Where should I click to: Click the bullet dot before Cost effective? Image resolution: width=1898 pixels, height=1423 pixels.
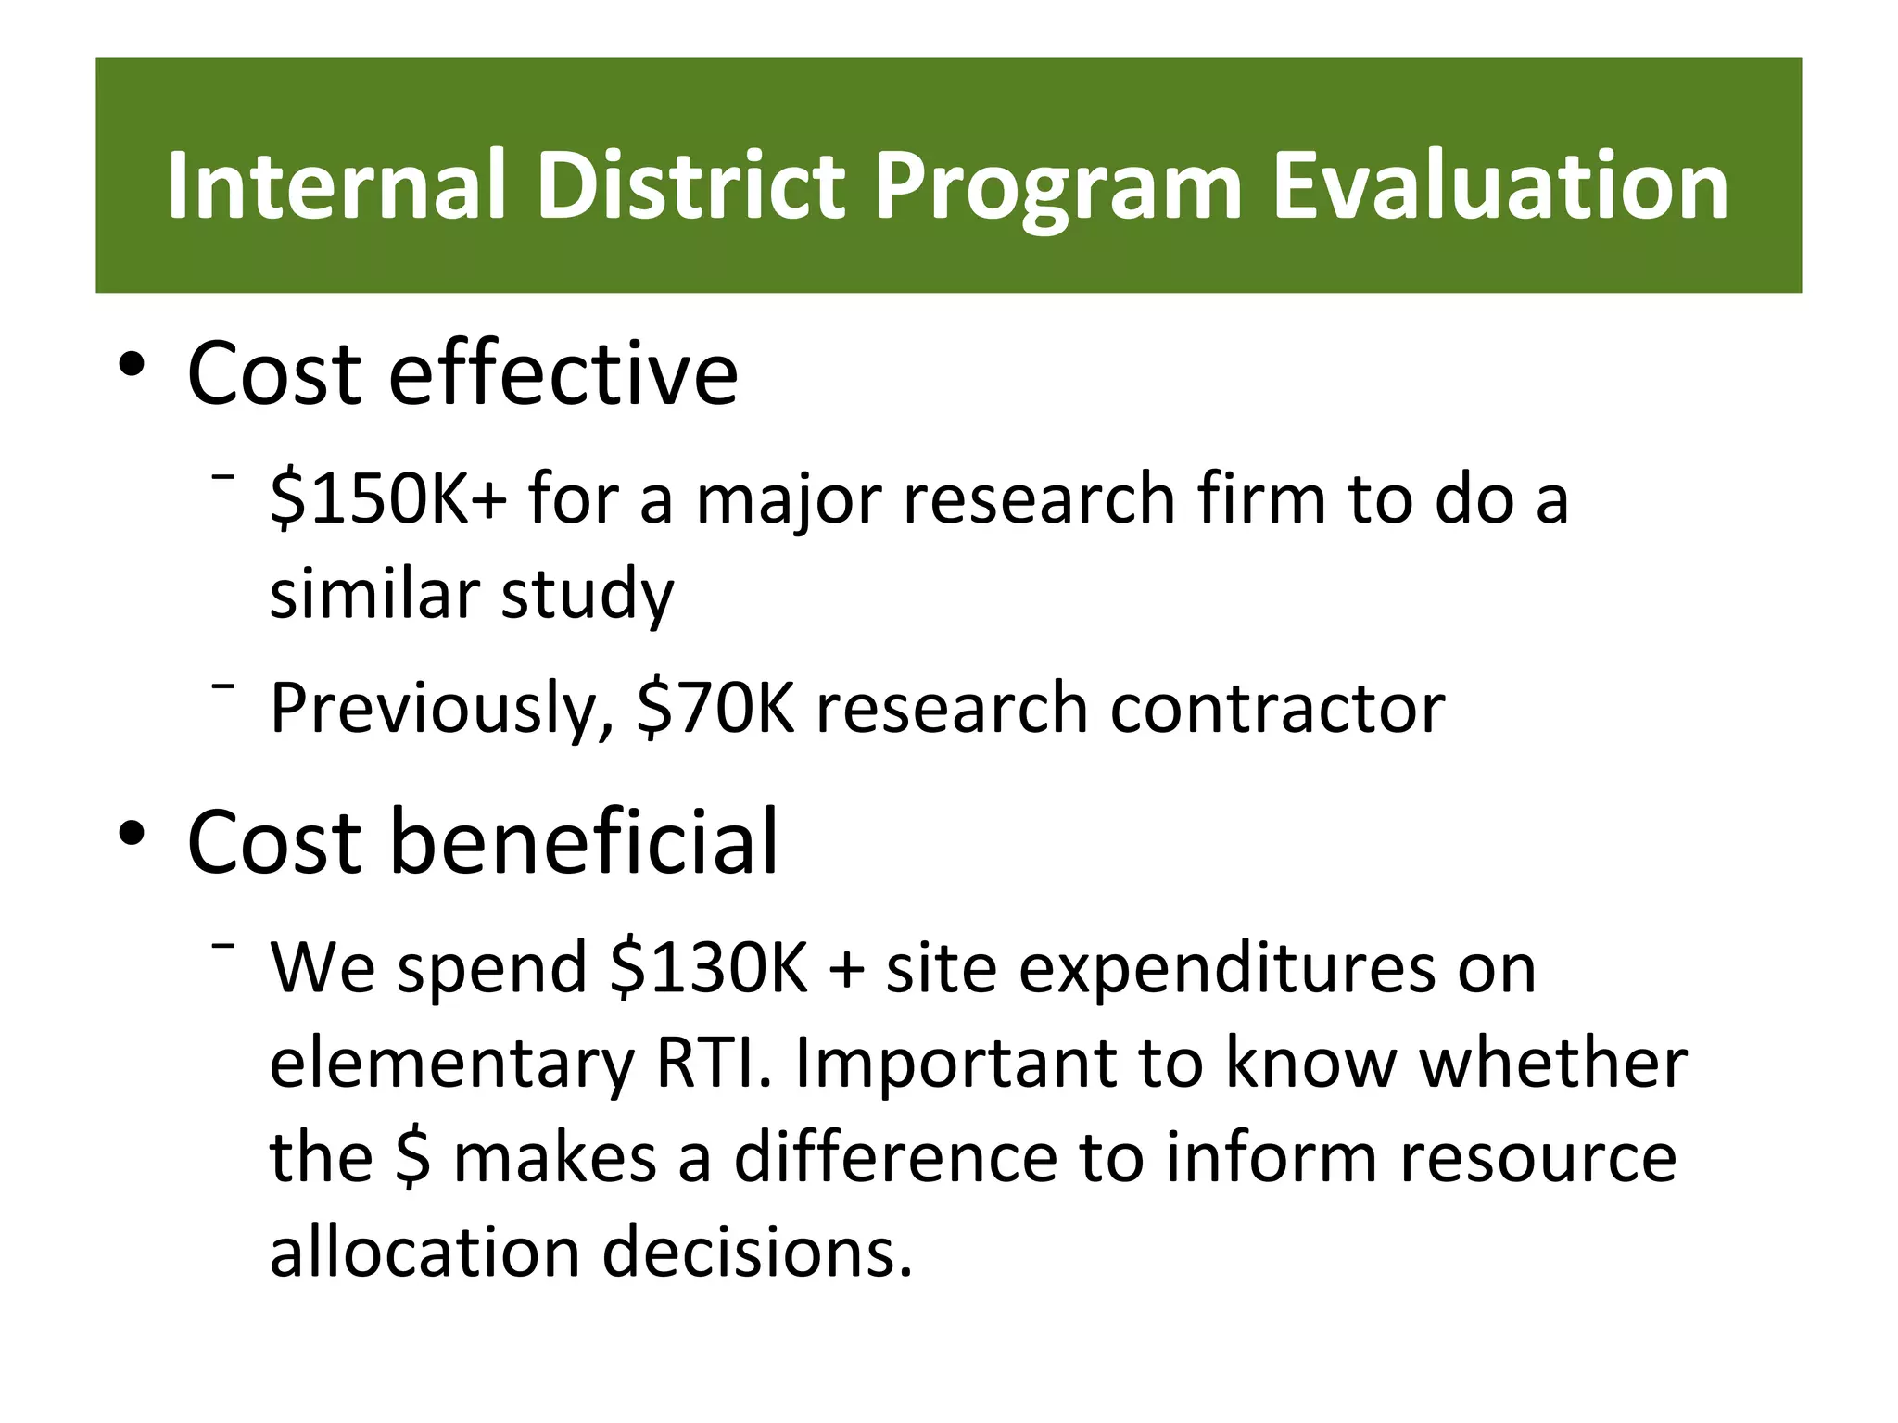pyautogui.click(x=132, y=367)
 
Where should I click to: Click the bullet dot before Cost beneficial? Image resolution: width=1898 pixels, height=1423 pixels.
pyautogui.click(x=132, y=835)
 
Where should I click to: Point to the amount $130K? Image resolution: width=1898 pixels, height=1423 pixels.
pyautogui.click(x=710, y=967)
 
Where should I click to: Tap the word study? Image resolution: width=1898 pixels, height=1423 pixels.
pyautogui.click(x=588, y=595)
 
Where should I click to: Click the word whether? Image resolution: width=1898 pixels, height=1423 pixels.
pyautogui.click(x=1554, y=1063)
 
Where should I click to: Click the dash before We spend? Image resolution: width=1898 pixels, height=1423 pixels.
pyautogui.click(x=222, y=946)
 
